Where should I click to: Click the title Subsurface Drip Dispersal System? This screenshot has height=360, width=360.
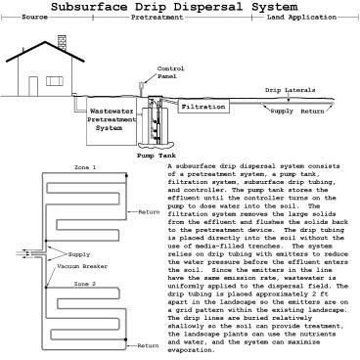pos(180,8)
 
